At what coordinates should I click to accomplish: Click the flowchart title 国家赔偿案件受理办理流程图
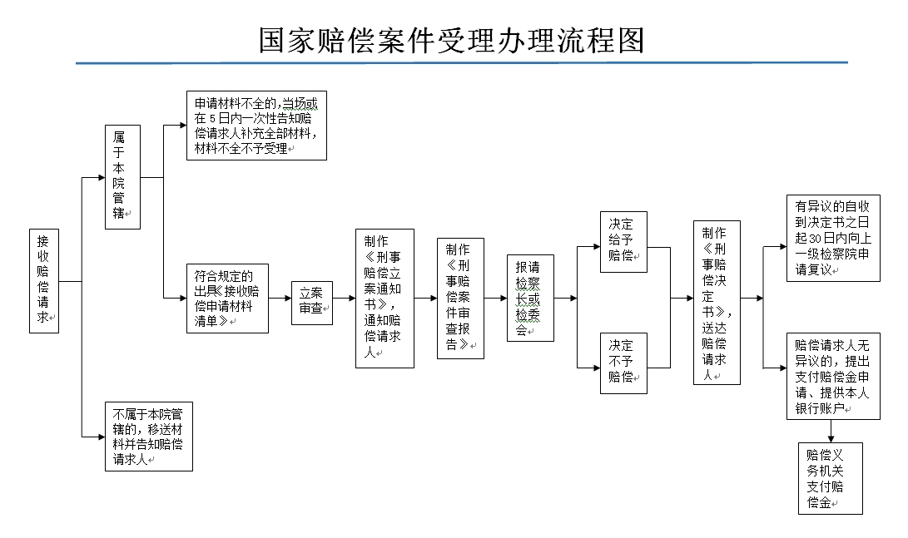point(451,41)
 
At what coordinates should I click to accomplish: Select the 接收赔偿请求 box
point(44,281)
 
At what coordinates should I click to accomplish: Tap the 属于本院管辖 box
point(123,177)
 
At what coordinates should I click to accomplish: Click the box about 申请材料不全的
point(256,126)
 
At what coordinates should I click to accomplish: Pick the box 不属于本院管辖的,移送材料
point(149,437)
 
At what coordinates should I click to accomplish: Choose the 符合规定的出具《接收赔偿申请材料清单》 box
point(227,299)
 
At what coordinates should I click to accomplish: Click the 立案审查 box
point(312,304)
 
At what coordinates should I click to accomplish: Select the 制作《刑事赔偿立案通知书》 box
point(385,299)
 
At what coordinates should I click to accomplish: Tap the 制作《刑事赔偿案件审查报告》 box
point(460,299)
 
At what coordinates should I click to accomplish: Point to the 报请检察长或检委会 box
point(530,299)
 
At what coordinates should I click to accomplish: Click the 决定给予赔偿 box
point(623,242)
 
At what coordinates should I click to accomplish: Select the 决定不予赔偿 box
point(623,363)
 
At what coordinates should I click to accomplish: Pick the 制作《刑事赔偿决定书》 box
point(717,303)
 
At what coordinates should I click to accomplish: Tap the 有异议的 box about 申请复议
point(833,239)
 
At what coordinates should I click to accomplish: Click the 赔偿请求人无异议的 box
point(833,376)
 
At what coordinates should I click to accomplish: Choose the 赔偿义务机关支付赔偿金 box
point(831,478)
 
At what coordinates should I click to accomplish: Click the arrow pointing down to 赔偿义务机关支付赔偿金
point(831,431)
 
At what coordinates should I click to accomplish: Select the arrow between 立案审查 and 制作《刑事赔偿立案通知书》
point(344,299)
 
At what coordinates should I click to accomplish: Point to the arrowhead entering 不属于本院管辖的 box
point(102,437)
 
